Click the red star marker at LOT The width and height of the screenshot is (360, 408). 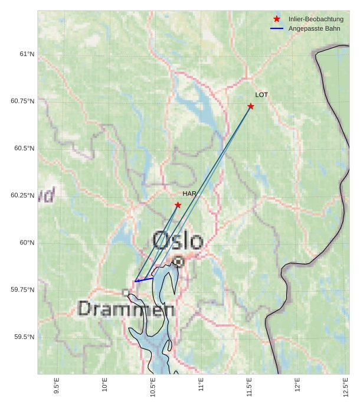tap(251, 106)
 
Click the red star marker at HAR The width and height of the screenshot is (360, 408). tap(178, 205)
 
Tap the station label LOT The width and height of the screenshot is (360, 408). tap(261, 95)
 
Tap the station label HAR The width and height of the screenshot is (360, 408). tap(189, 194)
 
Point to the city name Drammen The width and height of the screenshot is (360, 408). tap(126, 309)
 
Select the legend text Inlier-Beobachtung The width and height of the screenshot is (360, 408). tap(316, 19)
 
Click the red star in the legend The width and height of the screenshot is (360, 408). tap(277, 19)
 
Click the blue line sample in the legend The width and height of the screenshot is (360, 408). tap(277, 29)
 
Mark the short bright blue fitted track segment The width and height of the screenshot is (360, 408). tap(144, 279)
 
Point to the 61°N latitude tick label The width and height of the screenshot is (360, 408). tap(27, 54)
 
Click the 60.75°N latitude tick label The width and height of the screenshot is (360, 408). tap(23, 101)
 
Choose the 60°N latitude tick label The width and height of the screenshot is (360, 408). tap(27, 243)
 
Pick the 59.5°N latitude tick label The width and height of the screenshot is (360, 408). tap(25, 337)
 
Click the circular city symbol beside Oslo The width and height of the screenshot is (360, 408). tap(178, 261)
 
